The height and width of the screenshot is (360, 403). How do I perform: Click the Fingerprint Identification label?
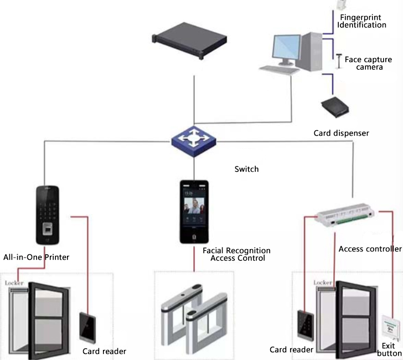(x=363, y=22)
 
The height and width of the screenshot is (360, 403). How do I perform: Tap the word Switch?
(x=246, y=169)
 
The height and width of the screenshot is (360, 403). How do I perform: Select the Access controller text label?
(x=370, y=249)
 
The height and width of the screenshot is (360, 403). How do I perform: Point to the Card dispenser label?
(x=341, y=133)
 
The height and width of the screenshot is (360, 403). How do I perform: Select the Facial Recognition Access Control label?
(x=237, y=254)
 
